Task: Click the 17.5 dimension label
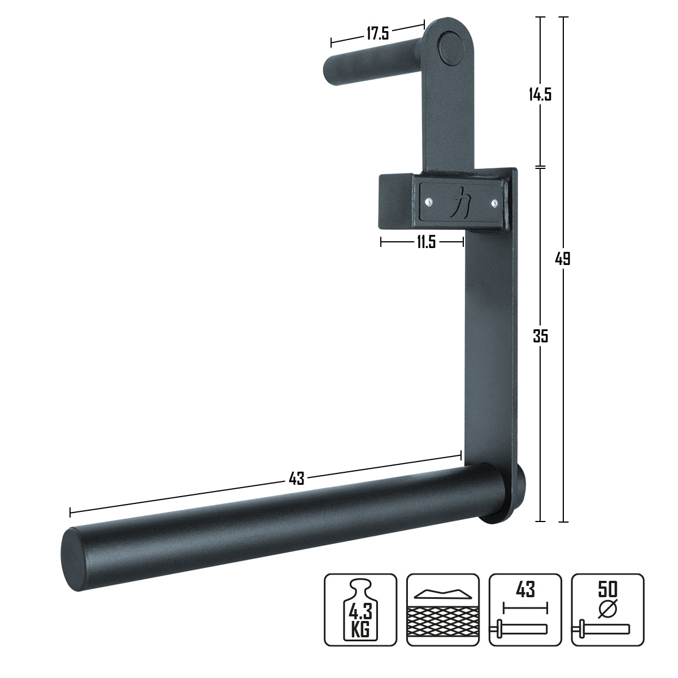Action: [x=377, y=33]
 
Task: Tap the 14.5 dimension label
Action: [x=540, y=94]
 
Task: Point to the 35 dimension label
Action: [x=541, y=336]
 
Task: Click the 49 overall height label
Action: [x=563, y=259]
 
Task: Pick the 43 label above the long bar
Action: [x=297, y=479]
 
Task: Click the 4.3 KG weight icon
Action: [x=360, y=610]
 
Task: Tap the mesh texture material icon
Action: [x=442, y=610]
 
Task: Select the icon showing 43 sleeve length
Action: [x=525, y=610]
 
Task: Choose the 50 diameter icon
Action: [x=607, y=610]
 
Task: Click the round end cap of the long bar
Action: [x=78, y=558]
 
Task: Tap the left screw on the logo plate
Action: [x=431, y=199]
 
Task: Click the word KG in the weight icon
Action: [x=360, y=629]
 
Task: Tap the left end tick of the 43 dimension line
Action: [x=70, y=512]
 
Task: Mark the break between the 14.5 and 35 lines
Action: [x=541, y=167]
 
